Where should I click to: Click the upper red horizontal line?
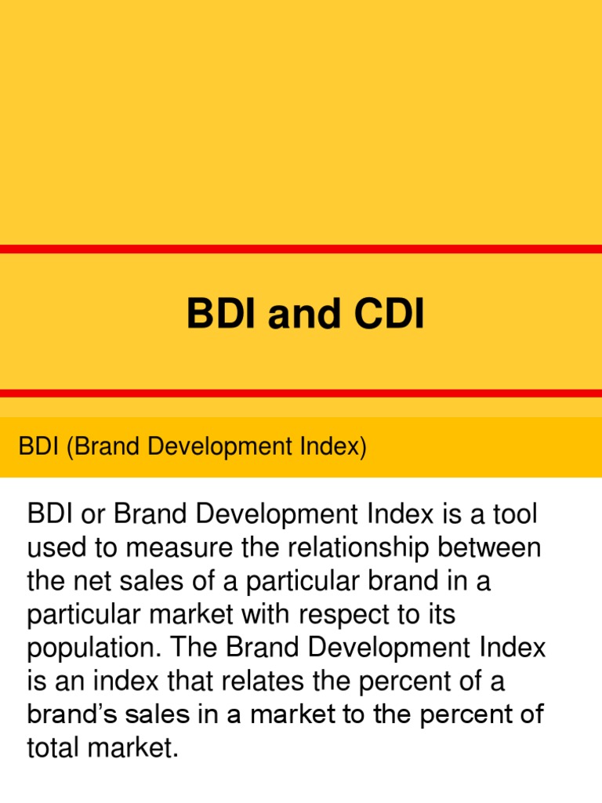[301, 249]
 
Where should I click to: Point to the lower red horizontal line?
[301, 393]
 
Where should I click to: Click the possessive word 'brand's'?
[71, 715]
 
